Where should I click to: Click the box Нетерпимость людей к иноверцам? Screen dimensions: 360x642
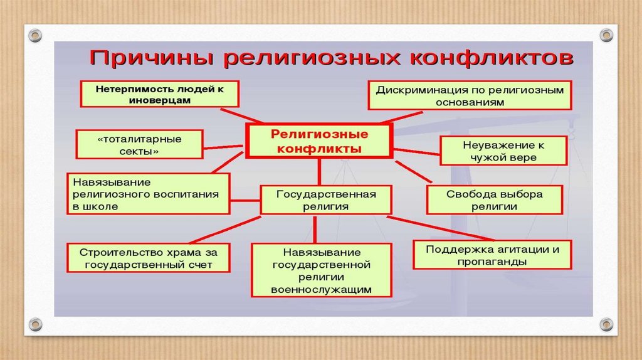tap(159, 94)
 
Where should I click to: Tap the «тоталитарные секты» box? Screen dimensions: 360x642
tap(139, 144)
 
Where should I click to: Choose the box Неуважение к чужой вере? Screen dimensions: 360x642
tap(503, 151)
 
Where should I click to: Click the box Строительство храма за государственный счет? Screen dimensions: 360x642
tap(149, 258)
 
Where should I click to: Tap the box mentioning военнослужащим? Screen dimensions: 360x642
tap(322, 270)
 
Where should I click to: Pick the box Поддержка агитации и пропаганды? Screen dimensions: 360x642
tap(492, 255)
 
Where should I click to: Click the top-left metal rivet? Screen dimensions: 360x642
tap(36, 35)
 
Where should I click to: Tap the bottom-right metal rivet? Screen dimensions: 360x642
tap(606, 324)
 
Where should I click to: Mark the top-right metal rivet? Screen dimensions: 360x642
tap(606, 35)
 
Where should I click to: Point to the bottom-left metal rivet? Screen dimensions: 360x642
tap(36, 324)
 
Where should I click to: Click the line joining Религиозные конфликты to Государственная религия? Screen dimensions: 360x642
tap(319, 172)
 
